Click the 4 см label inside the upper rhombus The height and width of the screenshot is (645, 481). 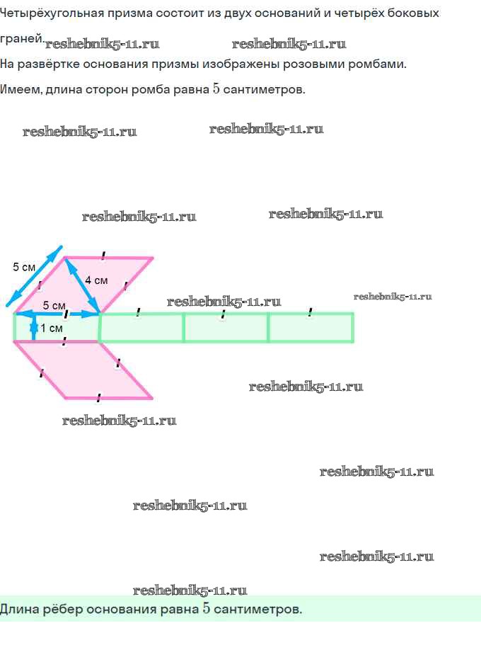[x=96, y=280]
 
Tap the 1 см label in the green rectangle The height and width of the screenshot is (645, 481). [x=52, y=329]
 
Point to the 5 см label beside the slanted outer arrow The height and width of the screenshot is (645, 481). [x=24, y=267]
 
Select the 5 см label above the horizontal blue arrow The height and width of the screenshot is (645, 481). [x=54, y=306]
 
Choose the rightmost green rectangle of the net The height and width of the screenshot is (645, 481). [x=311, y=327]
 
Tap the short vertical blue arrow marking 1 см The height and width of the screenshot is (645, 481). [x=34, y=328]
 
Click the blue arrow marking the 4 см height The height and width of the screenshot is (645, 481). [x=82, y=286]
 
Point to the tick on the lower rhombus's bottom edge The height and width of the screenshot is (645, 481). [x=98, y=398]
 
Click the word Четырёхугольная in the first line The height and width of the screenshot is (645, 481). [x=51, y=13]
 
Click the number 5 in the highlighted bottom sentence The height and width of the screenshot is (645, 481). [x=206, y=608]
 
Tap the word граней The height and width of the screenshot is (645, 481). [x=22, y=39]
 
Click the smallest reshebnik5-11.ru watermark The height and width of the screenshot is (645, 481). [x=393, y=297]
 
